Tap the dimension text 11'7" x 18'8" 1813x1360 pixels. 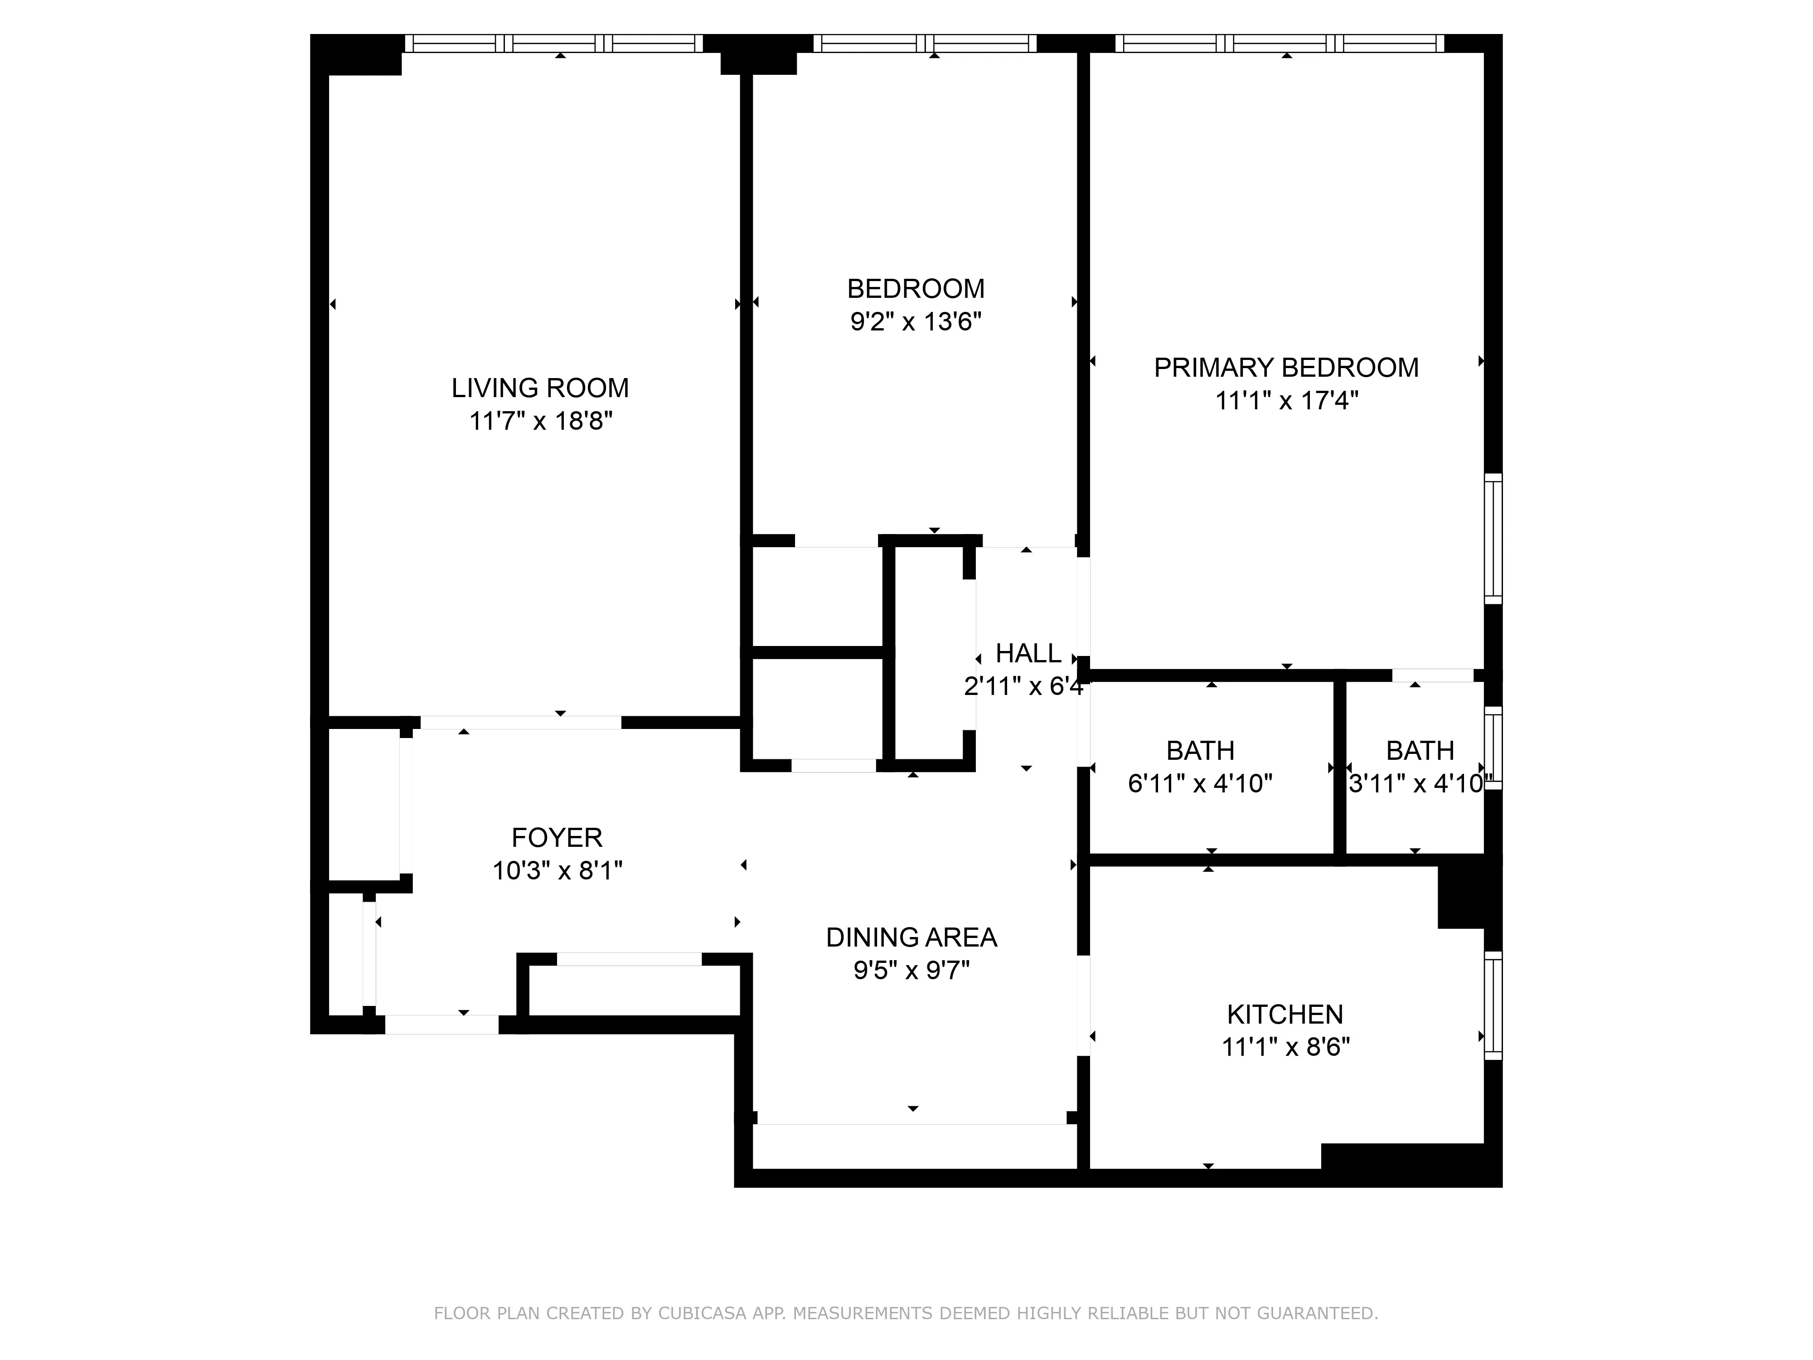tap(540, 421)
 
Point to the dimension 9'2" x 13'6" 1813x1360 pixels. tap(916, 321)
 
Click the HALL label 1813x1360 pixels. tap(1028, 653)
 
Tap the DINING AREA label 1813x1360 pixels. tap(911, 937)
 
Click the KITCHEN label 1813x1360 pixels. tap(1285, 1014)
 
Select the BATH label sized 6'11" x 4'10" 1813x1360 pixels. tap(1200, 750)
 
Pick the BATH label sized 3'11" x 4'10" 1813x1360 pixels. tap(1420, 750)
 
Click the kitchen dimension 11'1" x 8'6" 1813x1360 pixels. tap(1285, 1048)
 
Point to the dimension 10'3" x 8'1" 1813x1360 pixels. tap(557, 870)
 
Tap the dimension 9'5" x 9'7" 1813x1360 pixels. tap(911, 971)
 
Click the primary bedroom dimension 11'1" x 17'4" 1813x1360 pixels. tap(1286, 401)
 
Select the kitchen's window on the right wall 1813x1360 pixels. tap(1493, 1005)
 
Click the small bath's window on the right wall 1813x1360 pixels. tap(1493, 748)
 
